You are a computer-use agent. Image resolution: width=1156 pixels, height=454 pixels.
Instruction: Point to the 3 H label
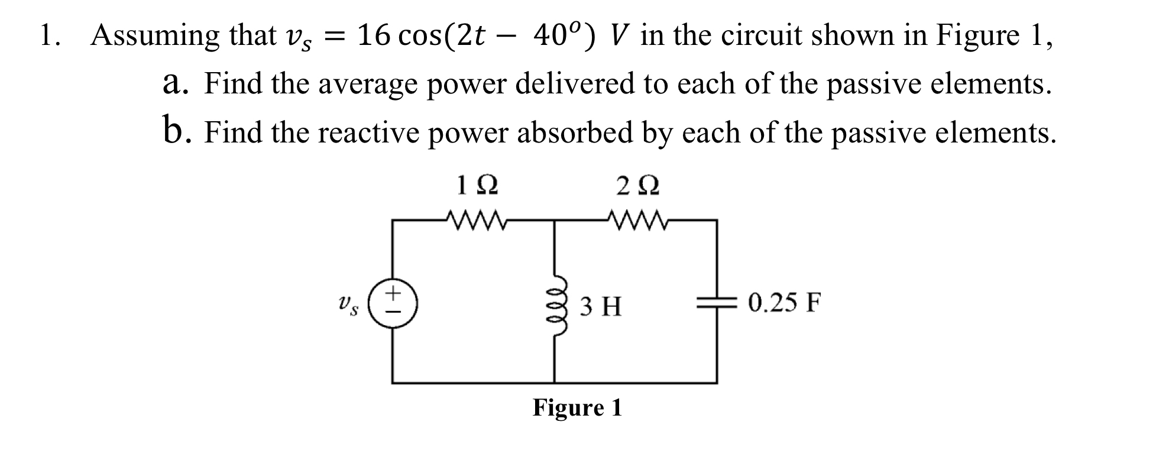tap(600, 307)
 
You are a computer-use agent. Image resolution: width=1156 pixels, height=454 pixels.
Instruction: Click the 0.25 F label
tap(785, 303)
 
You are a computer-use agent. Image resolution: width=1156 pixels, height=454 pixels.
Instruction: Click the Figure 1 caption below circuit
tap(577, 407)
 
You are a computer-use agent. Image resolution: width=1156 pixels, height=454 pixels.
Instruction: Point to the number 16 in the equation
tap(374, 36)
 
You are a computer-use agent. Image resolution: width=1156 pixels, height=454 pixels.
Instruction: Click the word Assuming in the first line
tap(155, 37)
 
